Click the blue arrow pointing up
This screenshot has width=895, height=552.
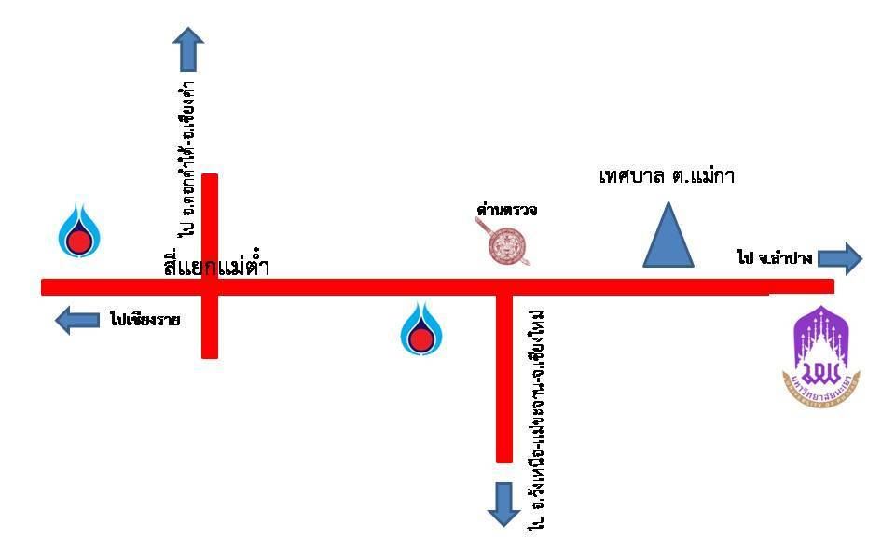tap(189, 48)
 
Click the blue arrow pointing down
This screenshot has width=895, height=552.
tap(504, 504)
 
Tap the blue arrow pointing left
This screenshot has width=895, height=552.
tap(76, 321)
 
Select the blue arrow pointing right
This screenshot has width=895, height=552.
tap(840, 258)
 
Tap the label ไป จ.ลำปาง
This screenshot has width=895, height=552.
tap(774, 258)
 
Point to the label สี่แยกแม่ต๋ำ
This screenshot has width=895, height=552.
tap(216, 268)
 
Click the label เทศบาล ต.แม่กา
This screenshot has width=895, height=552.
tap(667, 175)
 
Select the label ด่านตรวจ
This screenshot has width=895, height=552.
tap(506, 211)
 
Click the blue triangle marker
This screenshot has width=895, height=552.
tap(668, 238)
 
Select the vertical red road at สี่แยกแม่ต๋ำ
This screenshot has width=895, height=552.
tap(210, 224)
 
